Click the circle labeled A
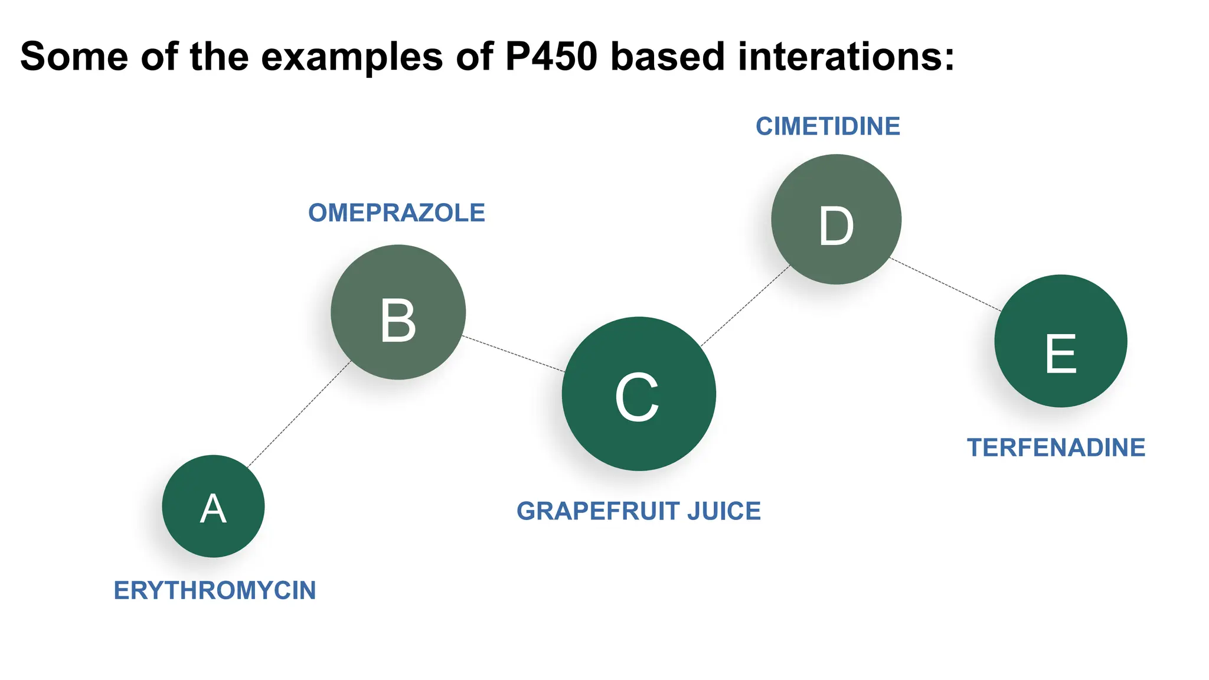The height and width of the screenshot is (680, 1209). pyautogui.click(x=213, y=506)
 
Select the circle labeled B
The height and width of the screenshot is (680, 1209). pyautogui.click(x=398, y=312)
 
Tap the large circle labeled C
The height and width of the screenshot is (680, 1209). pyautogui.click(x=639, y=394)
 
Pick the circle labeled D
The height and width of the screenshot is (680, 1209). pyautogui.click(x=836, y=220)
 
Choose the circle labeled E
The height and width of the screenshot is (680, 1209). pyautogui.click(x=1060, y=341)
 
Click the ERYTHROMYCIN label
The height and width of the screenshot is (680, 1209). pyautogui.click(x=214, y=591)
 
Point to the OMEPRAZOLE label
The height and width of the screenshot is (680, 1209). pyautogui.click(x=396, y=213)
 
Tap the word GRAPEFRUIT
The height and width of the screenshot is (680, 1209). pyautogui.click(x=597, y=511)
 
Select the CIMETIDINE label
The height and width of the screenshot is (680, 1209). pyautogui.click(x=828, y=126)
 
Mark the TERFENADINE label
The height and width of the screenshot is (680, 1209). pyautogui.click(x=1056, y=447)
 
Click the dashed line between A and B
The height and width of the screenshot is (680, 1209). pyautogui.click(x=299, y=414)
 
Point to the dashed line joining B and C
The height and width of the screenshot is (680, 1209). pyautogui.click(x=514, y=354)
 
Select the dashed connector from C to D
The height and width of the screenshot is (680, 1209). pyautogui.click(x=745, y=305)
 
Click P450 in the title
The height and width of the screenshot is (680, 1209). pyautogui.click(x=551, y=57)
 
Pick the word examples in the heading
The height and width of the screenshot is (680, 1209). pyautogui.click(x=352, y=57)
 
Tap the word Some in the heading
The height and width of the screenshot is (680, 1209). pyautogui.click(x=74, y=57)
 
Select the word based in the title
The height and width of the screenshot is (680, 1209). pyautogui.click(x=667, y=57)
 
